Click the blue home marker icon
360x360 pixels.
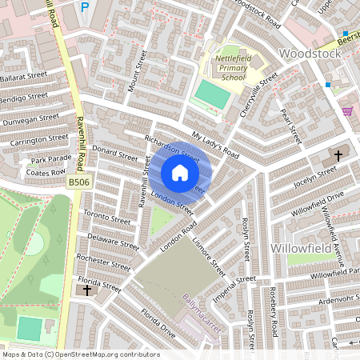coord(180,173)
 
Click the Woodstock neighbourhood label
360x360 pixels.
coord(310,54)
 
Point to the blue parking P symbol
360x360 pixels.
coord(85,7)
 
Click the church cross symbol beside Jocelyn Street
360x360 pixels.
coord(338,154)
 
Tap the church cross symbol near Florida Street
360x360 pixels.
coord(87,290)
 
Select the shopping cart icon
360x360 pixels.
coord(346,110)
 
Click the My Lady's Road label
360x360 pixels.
coord(215,144)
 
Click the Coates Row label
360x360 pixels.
coord(45,171)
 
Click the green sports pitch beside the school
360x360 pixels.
coord(212,94)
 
